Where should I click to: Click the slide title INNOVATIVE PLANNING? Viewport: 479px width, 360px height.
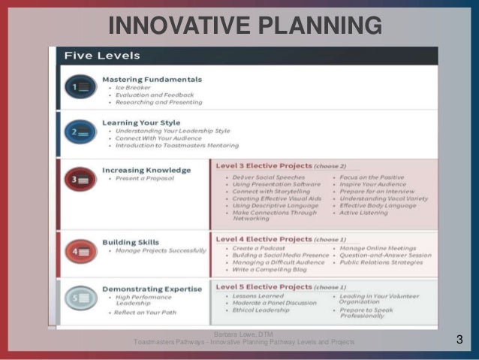245,26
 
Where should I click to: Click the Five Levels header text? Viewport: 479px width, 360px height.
102,56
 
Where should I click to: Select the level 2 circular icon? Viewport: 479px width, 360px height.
80,132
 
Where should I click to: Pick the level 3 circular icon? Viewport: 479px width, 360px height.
80,179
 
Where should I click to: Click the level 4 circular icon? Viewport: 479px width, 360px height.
80,250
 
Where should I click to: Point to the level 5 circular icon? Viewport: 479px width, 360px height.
80,298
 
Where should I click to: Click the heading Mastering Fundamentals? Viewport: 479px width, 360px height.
152,79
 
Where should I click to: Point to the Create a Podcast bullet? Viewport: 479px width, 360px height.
260,248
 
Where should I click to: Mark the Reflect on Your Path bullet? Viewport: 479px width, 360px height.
149,313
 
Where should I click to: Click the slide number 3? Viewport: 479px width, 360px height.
459,341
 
